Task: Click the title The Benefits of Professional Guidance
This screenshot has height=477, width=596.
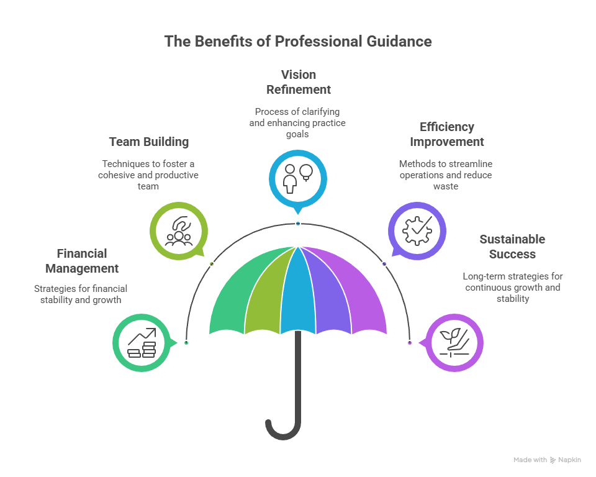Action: pos(298,42)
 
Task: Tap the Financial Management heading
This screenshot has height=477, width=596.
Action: pos(82,261)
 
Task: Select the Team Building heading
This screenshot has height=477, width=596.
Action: pos(148,142)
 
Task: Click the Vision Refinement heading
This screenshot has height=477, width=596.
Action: pos(298,82)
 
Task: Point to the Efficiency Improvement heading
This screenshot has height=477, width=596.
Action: pos(446,134)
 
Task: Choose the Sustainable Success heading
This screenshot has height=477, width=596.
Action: pos(512,247)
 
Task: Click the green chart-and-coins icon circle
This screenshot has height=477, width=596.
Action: pos(141,343)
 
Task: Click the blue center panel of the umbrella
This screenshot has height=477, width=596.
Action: pos(298,289)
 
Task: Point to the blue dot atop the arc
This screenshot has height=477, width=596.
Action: pos(298,224)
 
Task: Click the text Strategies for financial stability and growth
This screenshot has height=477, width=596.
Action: pos(81,294)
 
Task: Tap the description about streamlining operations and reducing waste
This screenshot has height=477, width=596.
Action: pos(445,175)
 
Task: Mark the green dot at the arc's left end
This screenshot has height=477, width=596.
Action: pos(186,343)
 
